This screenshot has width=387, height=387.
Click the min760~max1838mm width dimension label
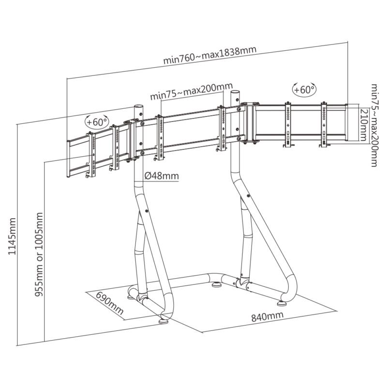tap(210, 55)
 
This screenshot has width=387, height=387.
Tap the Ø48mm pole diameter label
tap(162, 176)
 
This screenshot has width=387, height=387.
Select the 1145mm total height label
tap(12, 236)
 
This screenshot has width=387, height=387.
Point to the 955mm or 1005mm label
tap(39, 254)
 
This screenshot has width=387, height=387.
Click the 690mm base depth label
tap(109, 303)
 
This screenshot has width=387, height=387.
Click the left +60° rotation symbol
tap(97, 121)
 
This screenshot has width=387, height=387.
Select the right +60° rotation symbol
tap(304, 89)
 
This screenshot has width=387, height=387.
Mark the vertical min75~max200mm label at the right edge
tap(374, 125)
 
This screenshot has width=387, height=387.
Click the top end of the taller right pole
tap(235, 91)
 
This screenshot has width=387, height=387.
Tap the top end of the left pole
tap(138, 106)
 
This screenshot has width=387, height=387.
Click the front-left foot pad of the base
tap(164, 321)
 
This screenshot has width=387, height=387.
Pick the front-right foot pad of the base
tap(282, 303)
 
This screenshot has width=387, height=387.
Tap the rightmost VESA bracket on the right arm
tap(324, 124)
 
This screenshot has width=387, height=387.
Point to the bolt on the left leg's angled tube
tap(147, 211)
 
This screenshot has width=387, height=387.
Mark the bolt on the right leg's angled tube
tap(248, 196)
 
